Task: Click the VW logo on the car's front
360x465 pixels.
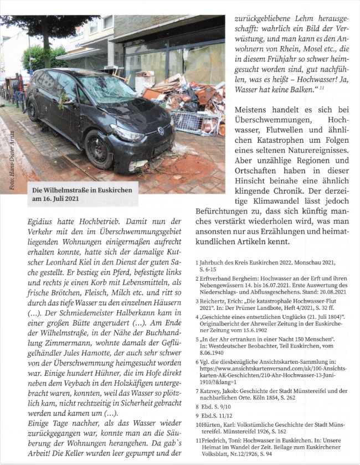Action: point(161,132)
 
